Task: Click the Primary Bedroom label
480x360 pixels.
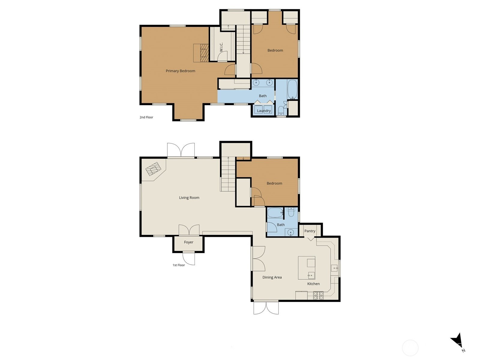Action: [x=180, y=71]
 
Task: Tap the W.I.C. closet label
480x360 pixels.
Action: [x=221, y=47]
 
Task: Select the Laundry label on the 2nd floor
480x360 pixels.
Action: [x=264, y=111]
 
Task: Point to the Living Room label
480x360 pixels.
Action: [x=189, y=198]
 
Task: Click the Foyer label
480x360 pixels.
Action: [x=189, y=242]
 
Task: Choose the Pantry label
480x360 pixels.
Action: [x=310, y=231]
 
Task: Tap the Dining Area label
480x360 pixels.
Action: [x=272, y=277]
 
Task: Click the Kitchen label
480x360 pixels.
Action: [x=313, y=284]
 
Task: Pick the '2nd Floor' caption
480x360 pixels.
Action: [x=146, y=117]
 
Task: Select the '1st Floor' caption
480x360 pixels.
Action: [x=179, y=265]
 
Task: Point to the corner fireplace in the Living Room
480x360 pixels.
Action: [x=153, y=169]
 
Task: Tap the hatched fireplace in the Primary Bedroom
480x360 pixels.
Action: [x=205, y=53]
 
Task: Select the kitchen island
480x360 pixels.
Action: [x=307, y=268]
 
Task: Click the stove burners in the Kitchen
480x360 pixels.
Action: [x=318, y=295]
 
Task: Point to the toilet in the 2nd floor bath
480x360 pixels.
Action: [x=281, y=111]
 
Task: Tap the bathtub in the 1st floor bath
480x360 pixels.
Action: [x=275, y=213]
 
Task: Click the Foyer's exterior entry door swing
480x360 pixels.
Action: [x=188, y=259]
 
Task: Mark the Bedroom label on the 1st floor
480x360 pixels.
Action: [x=274, y=183]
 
